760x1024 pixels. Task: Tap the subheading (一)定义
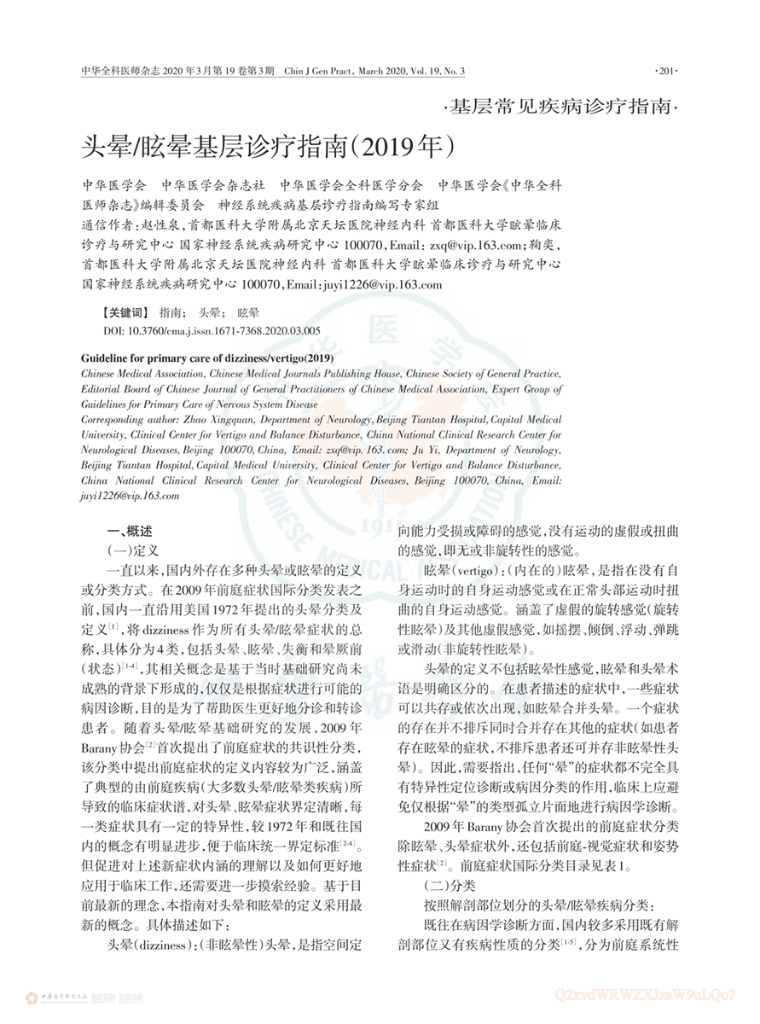tap(129, 550)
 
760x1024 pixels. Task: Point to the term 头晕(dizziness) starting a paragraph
tap(150, 945)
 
